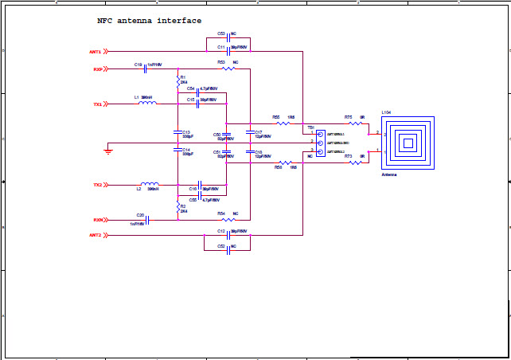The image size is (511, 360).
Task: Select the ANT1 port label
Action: [96, 52]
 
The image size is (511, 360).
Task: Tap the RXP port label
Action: [98, 69]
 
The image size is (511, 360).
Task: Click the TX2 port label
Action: [97, 185]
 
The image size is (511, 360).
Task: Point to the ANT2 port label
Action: [96, 235]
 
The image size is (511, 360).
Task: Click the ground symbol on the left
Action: [108, 149]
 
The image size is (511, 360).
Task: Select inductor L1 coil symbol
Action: [147, 104]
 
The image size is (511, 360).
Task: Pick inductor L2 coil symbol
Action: [149, 184]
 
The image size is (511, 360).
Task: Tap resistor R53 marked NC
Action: [228, 68]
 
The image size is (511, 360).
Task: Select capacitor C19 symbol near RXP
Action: [145, 69]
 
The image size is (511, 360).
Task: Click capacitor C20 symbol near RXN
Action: [147, 220]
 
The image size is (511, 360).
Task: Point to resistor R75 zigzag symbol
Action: [356, 123]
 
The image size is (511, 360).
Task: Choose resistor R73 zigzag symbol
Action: [356, 162]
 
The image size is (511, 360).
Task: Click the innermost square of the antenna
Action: [408, 143]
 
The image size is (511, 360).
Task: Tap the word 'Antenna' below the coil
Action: [389, 174]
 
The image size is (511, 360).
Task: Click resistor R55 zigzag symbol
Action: [283, 123]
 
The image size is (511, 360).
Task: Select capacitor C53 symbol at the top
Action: [229, 38]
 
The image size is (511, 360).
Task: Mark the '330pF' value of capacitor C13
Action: [188, 137]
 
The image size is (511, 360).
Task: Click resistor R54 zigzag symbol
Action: [228, 220]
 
